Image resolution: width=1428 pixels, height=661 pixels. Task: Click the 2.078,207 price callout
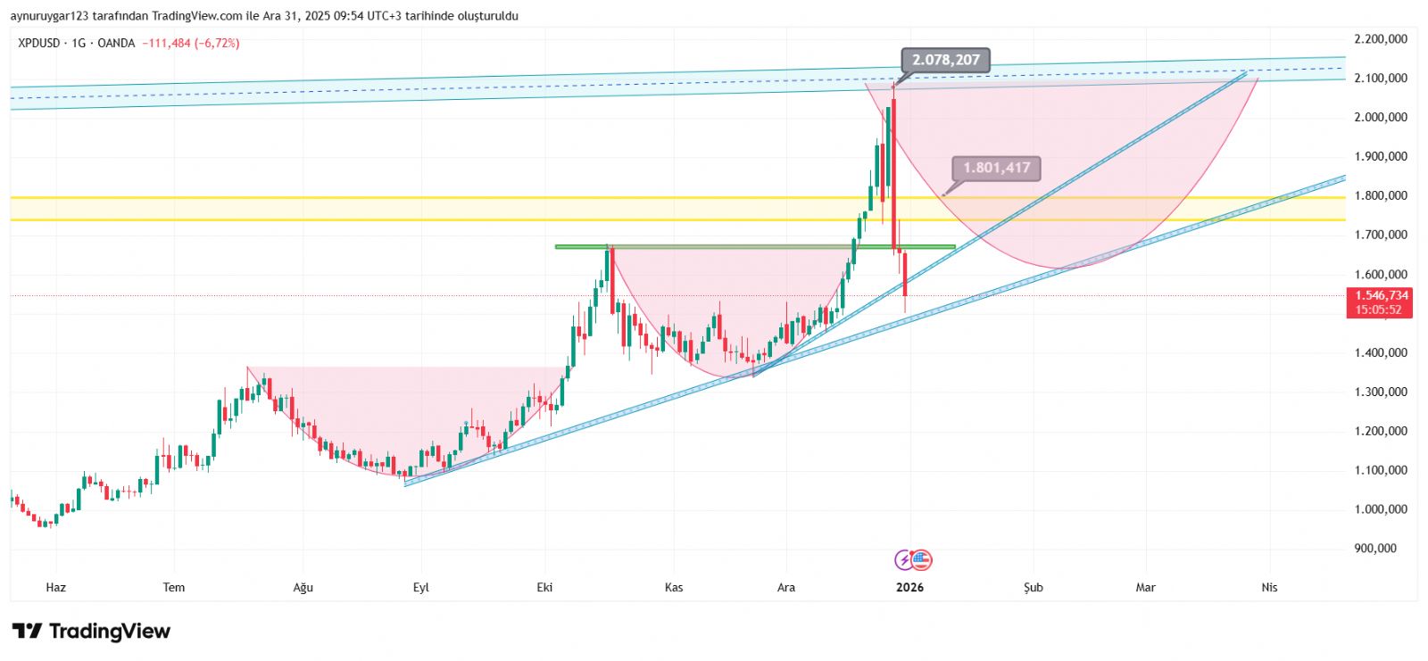tap(945, 60)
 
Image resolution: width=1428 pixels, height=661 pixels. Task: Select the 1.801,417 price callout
tap(996, 168)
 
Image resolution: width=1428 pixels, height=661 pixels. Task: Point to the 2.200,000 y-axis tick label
tap(1380, 39)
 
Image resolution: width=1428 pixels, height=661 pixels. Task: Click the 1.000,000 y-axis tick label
tap(1380, 509)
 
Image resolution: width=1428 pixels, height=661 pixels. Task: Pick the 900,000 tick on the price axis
tap(1374, 549)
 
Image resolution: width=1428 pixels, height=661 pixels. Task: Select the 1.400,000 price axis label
tap(1380, 352)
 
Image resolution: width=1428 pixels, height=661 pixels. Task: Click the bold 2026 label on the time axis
tap(909, 587)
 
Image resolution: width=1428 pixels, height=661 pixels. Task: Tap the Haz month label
tap(55, 587)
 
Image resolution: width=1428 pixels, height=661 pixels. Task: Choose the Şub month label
tap(1033, 587)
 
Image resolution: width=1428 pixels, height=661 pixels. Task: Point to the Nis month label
tap(1269, 587)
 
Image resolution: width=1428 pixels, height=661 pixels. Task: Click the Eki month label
tap(544, 587)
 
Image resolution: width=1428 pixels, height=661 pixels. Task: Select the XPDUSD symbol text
tap(39, 43)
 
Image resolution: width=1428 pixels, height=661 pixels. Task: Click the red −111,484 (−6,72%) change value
tap(190, 43)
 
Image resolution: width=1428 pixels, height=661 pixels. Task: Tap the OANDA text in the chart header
tap(116, 43)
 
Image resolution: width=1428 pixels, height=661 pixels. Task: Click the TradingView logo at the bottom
tap(91, 632)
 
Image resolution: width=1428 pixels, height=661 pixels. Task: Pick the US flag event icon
tap(921, 560)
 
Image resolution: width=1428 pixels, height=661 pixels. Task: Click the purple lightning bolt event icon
tap(904, 560)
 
